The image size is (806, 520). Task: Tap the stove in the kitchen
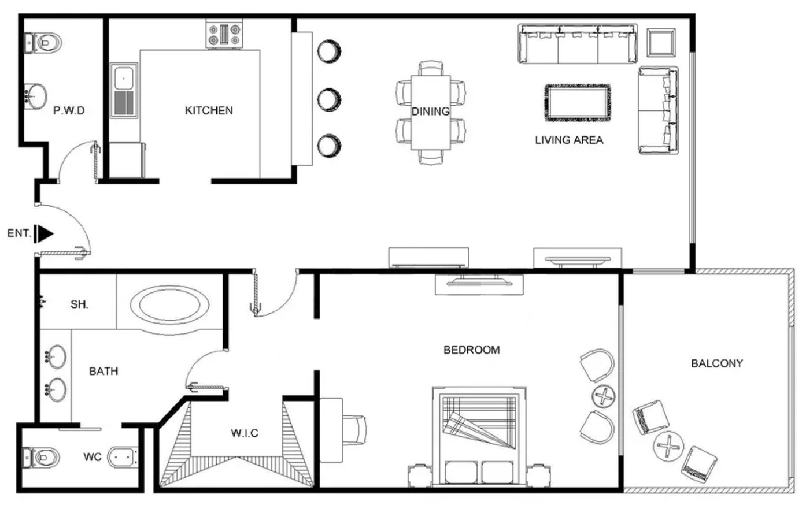coord(224,34)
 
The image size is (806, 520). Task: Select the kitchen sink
coord(124,90)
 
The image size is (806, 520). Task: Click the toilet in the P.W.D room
coord(43,43)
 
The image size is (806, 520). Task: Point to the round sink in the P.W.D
coord(35,96)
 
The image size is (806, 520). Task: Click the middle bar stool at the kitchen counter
coord(329,99)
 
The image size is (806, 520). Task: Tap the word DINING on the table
coord(430,112)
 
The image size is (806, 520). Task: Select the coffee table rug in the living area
coord(578,103)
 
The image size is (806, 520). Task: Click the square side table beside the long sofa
coord(661,43)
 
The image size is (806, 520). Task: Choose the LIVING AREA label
coord(569,140)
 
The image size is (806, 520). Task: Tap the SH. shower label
coord(79,304)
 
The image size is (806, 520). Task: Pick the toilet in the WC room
coord(40,457)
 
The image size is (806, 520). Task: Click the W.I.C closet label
coord(245,433)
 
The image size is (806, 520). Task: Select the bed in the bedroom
coord(479,437)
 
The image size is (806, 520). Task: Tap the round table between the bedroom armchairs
coord(604,396)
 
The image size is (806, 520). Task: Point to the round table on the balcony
coord(668,446)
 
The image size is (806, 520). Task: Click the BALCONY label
coord(717,363)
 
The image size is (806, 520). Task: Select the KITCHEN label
coord(209,110)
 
